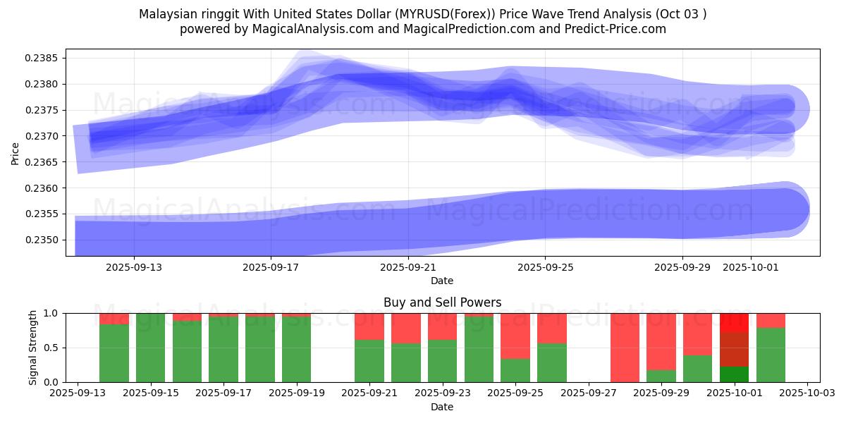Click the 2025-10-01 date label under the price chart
(750, 267)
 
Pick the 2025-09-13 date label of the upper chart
(133, 267)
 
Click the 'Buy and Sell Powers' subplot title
(442, 302)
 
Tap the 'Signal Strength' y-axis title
(32, 348)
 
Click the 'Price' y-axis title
(16, 152)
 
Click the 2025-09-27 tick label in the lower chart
(589, 393)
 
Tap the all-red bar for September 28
(625, 348)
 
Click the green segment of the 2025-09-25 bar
(515, 370)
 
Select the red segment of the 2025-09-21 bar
(369, 326)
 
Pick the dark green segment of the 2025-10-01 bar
(735, 374)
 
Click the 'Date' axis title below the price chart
(442, 281)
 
